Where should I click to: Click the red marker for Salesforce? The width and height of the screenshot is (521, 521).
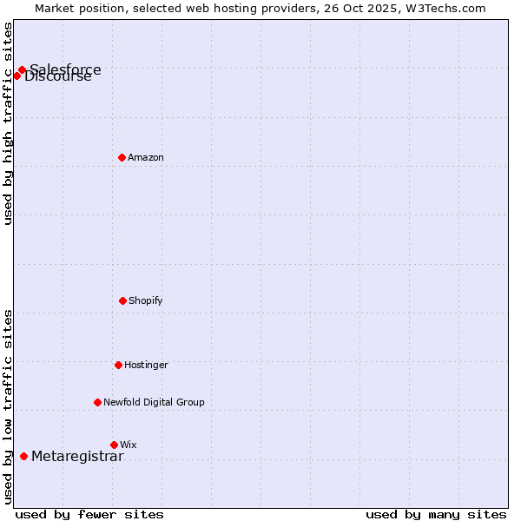pos(22,70)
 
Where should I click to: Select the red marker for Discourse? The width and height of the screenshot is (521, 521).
pos(16,76)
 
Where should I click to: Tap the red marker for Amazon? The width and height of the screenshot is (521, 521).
pos(122,157)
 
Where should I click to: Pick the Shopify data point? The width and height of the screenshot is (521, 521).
pos(122,300)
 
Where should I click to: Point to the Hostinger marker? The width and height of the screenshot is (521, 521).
pos(118,365)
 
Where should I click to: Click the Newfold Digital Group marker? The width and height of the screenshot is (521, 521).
pos(97,402)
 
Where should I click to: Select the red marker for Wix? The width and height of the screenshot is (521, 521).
pos(114,445)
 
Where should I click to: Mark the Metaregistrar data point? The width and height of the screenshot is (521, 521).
pos(23,457)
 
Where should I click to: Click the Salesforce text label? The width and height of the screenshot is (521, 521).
pos(65,69)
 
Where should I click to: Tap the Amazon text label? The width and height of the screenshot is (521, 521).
pos(146,158)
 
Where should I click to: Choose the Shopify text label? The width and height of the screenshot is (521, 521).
pos(146,301)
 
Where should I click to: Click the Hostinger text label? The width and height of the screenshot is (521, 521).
pos(146,366)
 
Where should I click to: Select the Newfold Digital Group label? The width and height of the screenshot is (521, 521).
pos(154,403)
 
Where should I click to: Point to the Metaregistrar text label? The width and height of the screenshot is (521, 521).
pos(77,457)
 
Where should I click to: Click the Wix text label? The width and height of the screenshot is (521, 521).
pos(129,445)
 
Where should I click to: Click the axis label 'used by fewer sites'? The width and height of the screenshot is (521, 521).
pos(89,514)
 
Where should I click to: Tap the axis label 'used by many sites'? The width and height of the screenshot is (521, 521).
pos(436,514)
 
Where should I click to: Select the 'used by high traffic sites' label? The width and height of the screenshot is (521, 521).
pos(9,123)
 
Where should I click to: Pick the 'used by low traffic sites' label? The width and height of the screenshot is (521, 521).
pos(9,406)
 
